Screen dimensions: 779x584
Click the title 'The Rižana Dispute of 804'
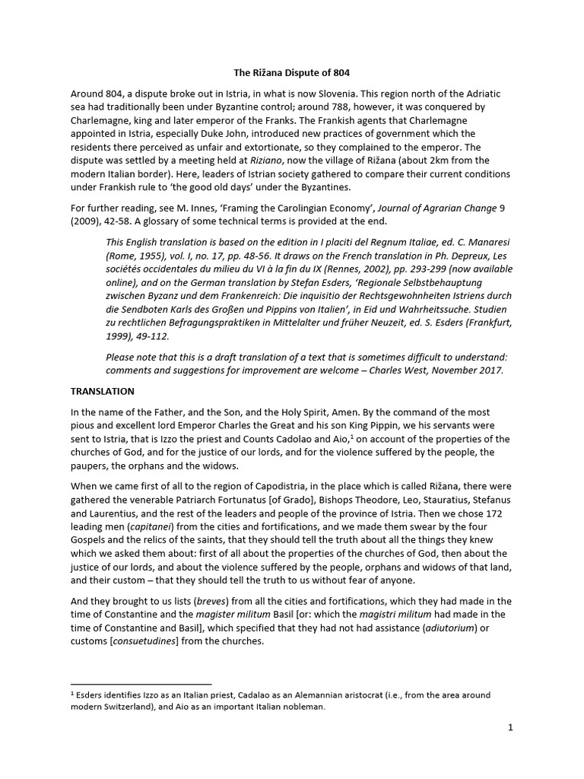point(292,74)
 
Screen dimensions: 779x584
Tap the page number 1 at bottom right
point(511,727)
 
